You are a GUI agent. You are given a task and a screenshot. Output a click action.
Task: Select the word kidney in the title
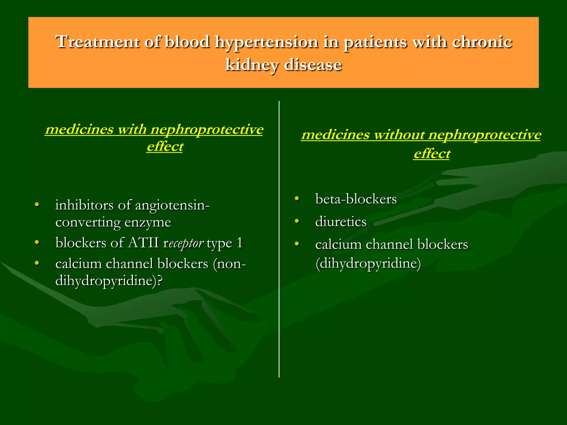pyautogui.click(x=252, y=65)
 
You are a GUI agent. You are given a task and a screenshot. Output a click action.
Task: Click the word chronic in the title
pyautogui.click(x=482, y=42)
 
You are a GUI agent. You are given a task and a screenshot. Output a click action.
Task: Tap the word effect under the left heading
pyautogui.click(x=165, y=146)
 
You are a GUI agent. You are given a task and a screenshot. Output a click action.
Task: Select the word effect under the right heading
pyautogui.click(x=432, y=154)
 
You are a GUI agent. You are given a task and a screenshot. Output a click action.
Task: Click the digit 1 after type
pyautogui.click(x=239, y=243)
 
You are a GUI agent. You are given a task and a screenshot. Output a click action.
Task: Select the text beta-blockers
pyautogui.click(x=356, y=199)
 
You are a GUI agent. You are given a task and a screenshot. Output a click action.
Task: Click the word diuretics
pyautogui.click(x=341, y=222)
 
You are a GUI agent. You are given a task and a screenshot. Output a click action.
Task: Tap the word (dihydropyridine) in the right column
pyautogui.click(x=368, y=263)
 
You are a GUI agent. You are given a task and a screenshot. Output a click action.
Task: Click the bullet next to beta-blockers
pyautogui.click(x=297, y=198)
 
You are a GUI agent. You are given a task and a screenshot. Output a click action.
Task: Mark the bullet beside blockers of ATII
pyautogui.click(x=37, y=242)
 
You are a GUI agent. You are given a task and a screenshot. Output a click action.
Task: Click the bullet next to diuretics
pyautogui.click(x=297, y=221)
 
